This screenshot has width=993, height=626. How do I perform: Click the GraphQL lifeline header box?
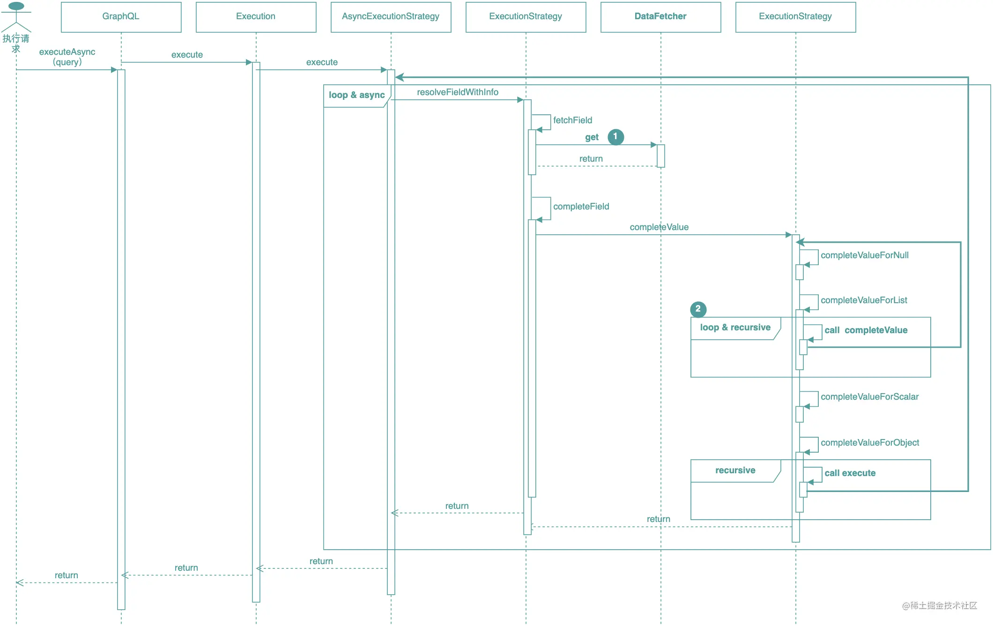[121, 17]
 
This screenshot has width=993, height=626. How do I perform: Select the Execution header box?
[256, 17]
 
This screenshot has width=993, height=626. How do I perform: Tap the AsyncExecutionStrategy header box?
[391, 17]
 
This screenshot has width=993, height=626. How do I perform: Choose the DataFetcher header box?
[660, 17]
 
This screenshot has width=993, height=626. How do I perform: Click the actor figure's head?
[16, 6]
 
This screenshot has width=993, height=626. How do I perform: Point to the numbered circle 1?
[615, 137]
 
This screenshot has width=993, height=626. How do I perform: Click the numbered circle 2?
[698, 309]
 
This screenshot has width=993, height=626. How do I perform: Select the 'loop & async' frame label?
[356, 95]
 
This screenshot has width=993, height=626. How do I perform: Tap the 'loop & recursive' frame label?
[735, 328]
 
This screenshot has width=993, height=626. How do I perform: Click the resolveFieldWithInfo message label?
[458, 92]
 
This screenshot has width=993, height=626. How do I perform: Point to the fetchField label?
[572, 120]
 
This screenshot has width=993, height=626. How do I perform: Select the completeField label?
[581, 207]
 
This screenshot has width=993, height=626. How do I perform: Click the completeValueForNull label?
[865, 255]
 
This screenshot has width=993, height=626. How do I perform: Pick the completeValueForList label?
[864, 300]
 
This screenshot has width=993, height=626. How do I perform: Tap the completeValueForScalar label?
[869, 397]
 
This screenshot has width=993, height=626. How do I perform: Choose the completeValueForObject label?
[870, 443]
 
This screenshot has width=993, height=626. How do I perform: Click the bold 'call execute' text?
[850, 473]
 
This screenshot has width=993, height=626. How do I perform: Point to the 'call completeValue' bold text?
[866, 330]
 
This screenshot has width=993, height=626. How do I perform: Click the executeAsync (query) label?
[67, 57]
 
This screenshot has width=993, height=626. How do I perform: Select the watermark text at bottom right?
[940, 605]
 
